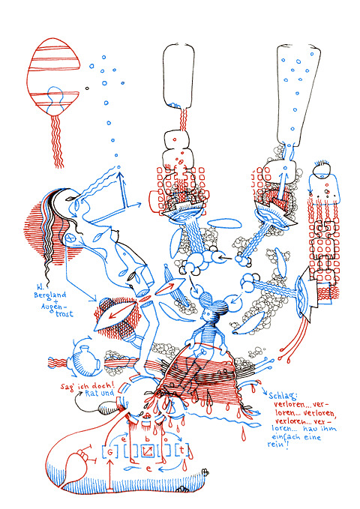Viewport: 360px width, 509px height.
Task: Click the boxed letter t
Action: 182,451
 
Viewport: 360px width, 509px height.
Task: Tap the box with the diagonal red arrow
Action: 148,451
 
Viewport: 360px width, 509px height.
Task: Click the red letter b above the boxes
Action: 147,438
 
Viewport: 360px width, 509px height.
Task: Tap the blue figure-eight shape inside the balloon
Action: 54,97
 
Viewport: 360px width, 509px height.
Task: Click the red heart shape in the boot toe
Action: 76,466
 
